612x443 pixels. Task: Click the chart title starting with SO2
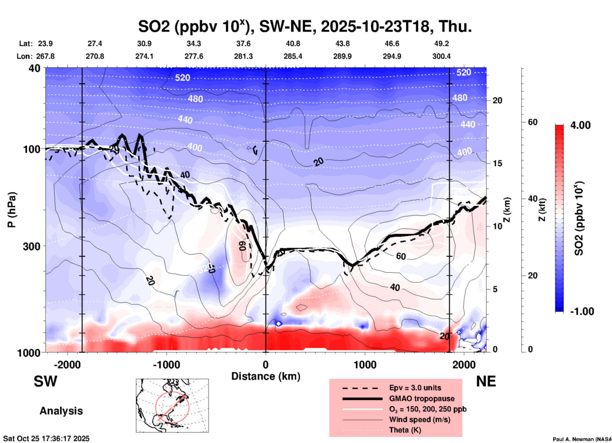click(305, 27)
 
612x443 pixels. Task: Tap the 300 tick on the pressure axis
click(31, 246)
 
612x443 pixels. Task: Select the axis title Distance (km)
click(266, 376)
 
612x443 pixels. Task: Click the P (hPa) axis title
click(12, 210)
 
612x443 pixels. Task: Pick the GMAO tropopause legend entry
click(422, 399)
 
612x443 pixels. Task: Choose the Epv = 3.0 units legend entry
click(415, 388)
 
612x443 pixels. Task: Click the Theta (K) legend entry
click(405, 430)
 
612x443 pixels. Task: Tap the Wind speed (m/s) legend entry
click(419, 419)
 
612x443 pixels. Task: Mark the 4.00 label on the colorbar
click(580, 125)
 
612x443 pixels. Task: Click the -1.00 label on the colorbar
click(581, 311)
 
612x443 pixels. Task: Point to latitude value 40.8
click(293, 44)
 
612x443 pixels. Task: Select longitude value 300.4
click(441, 56)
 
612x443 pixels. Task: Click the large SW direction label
click(45, 381)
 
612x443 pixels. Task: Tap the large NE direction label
click(486, 381)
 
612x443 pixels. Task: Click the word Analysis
click(61, 411)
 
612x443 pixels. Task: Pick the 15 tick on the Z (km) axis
click(497, 163)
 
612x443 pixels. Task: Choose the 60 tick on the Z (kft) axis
click(533, 122)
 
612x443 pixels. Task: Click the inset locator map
click(172, 406)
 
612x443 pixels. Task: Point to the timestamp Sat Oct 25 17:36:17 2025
click(46, 439)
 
